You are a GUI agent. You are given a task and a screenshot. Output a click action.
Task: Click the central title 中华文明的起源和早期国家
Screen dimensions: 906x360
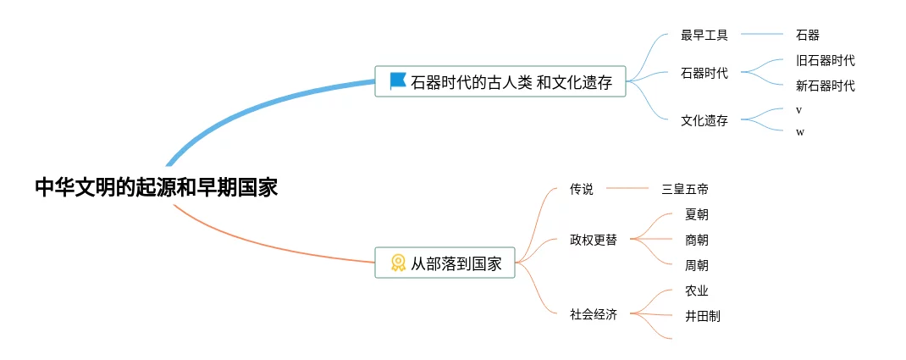(x=157, y=188)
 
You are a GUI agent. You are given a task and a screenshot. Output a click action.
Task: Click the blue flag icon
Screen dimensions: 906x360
(x=398, y=81)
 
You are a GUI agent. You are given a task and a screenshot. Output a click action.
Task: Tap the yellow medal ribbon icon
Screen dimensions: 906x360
(x=398, y=263)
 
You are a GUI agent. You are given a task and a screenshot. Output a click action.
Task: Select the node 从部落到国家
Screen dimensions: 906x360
(x=445, y=263)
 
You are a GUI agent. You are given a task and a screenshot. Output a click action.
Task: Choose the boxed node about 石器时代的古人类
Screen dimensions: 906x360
(x=500, y=81)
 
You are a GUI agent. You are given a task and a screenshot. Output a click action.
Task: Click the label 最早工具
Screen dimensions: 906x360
(x=704, y=36)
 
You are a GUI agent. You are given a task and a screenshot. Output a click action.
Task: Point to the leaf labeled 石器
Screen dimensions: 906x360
(x=808, y=36)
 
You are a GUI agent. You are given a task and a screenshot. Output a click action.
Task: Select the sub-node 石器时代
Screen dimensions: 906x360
(x=704, y=74)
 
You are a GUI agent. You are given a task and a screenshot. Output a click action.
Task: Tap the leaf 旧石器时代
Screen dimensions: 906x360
(x=825, y=61)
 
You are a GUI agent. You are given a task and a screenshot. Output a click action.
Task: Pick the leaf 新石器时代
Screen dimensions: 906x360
(x=825, y=86)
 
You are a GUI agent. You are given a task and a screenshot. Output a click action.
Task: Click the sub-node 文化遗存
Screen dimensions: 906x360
(x=704, y=121)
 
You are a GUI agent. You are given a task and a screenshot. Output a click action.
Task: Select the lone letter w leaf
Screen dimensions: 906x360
(x=800, y=132)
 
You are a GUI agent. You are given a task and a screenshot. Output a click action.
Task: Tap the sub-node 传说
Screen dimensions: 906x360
(x=581, y=189)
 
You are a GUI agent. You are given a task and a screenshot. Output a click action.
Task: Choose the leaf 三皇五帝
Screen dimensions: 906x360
(x=685, y=189)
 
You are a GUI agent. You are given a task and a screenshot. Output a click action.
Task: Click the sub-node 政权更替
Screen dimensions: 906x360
(x=594, y=240)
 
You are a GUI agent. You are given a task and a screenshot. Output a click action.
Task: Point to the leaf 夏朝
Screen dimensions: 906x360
(x=697, y=215)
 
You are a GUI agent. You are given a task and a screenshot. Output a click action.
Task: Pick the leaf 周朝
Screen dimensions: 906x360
(x=697, y=266)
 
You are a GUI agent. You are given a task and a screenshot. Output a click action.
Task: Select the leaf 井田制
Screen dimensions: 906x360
(x=703, y=316)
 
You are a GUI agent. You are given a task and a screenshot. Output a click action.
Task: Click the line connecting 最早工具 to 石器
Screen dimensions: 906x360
(x=761, y=35)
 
